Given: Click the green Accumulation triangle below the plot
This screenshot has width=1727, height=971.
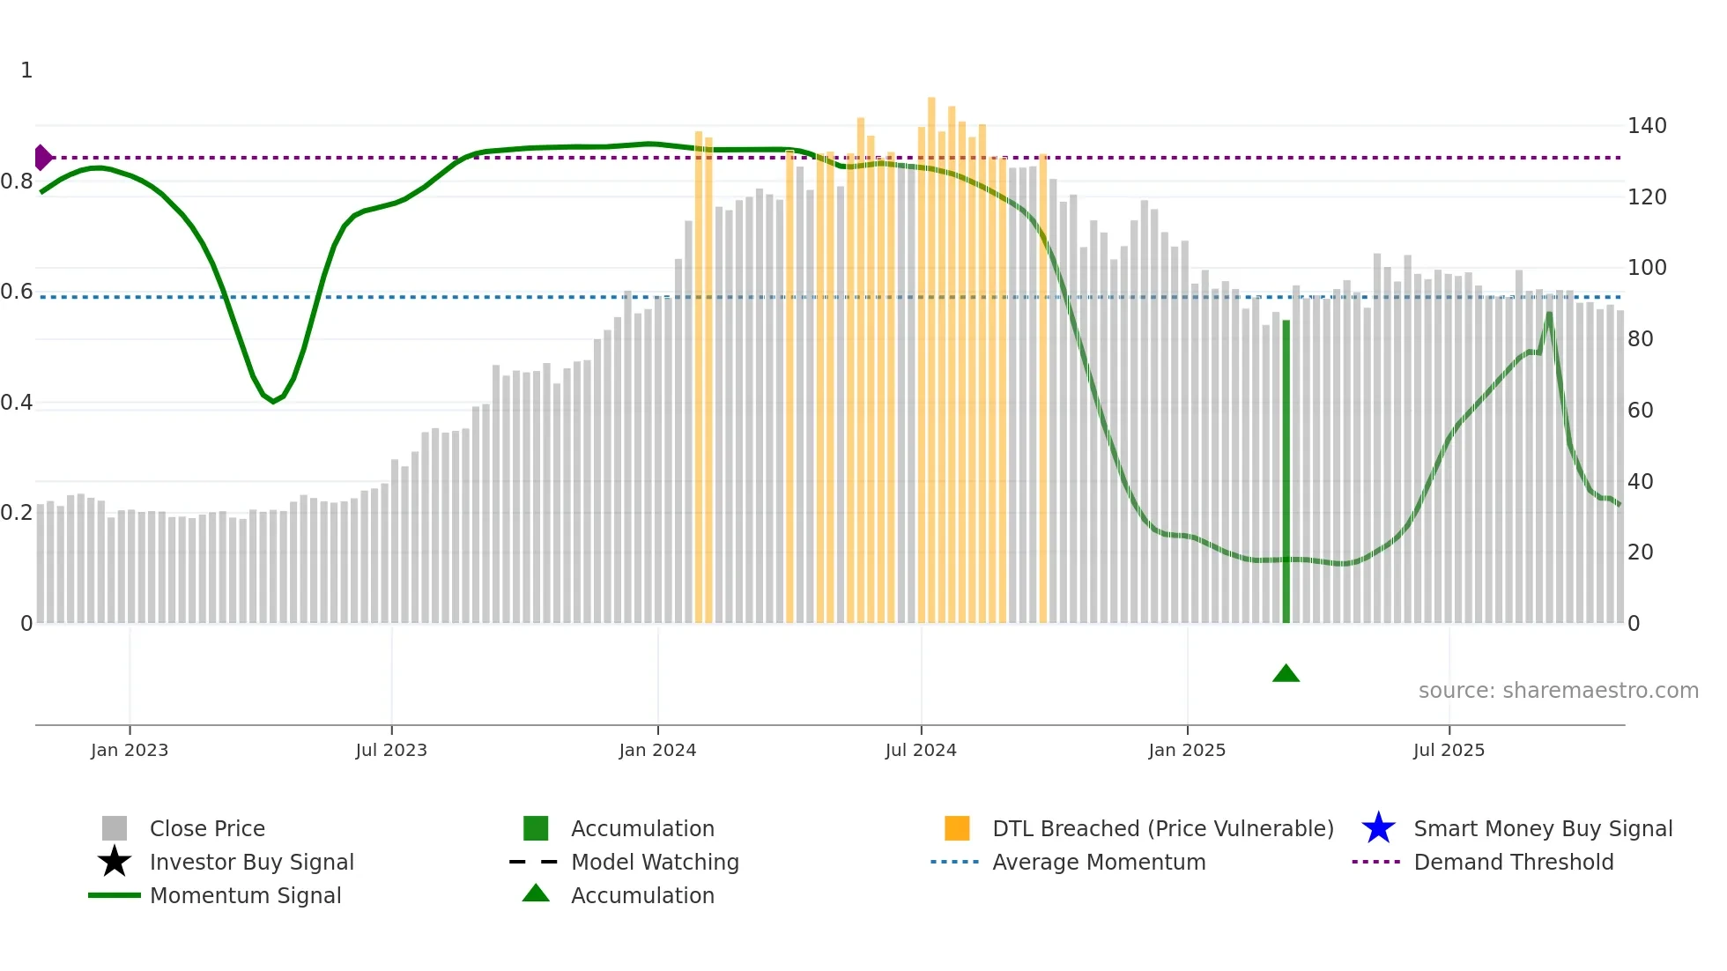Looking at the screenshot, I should pyautogui.click(x=1286, y=674).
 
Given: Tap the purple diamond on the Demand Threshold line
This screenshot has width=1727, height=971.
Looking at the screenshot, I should pyautogui.click(x=42, y=158).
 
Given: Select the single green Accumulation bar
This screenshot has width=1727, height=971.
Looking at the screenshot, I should pyautogui.click(x=1286, y=471).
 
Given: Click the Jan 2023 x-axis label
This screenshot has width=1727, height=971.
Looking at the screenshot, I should pyautogui.click(x=130, y=750).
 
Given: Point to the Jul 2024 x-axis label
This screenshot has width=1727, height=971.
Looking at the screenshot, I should pyautogui.click(x=921, y=750).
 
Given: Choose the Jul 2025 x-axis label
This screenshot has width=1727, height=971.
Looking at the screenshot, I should pyautogui.click(x=1449, y=750).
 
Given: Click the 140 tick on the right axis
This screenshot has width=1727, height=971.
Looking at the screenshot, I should pyautogui.click(x=1646, y=126).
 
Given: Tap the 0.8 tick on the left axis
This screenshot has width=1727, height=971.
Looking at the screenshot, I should pyautogui.click(x=17, y=182).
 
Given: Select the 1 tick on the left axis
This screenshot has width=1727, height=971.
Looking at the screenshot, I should pyautogui.click(x=26, y=70).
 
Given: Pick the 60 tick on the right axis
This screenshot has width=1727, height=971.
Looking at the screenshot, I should pyautogui.click(x=1640, y=410).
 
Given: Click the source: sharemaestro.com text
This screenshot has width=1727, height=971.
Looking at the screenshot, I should pyautogui.click(x=1558, y=691).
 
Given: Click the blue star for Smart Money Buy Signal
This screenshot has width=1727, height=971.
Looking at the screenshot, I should pyautogui.click(x=1378, y=828).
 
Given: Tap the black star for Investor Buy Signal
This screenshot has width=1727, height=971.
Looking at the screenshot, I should pyautogui.click(x=115, y=862).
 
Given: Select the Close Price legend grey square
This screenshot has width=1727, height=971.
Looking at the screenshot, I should pyautogui.click(x=115, y=828).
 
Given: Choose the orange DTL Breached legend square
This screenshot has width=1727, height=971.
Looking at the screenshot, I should pyautogui.click(x=957, y=828).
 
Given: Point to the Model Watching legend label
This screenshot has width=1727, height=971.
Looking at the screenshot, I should pyautogui.click(x=655, y=862).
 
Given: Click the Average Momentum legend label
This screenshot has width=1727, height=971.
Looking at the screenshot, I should pyautogui.click(x=1099, y=862).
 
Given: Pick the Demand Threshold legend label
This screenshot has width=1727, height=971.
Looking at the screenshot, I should pyautogui.click(x=1513, y=862).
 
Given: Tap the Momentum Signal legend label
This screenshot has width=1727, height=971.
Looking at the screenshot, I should pyautogui.click(x=245, y=895).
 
